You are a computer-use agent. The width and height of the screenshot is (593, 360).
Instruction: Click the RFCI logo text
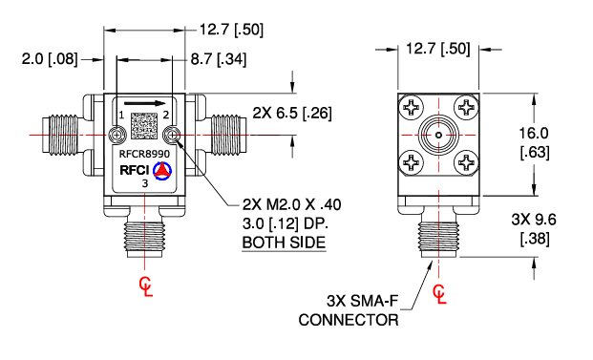tap(133, 171)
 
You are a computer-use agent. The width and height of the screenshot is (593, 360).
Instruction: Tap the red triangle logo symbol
tap(161, 170)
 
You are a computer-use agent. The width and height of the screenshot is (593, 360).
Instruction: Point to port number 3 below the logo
tap(145, 183)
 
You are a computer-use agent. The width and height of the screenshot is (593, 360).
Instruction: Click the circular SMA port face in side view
tap(439, 137)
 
